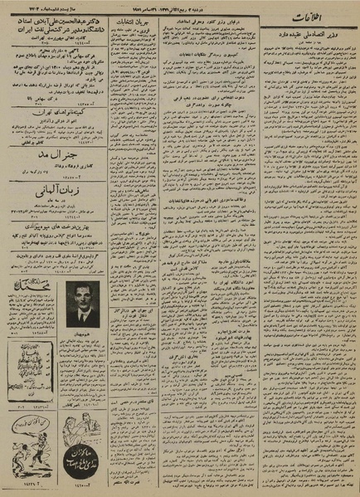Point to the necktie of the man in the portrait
coord(83,314)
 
